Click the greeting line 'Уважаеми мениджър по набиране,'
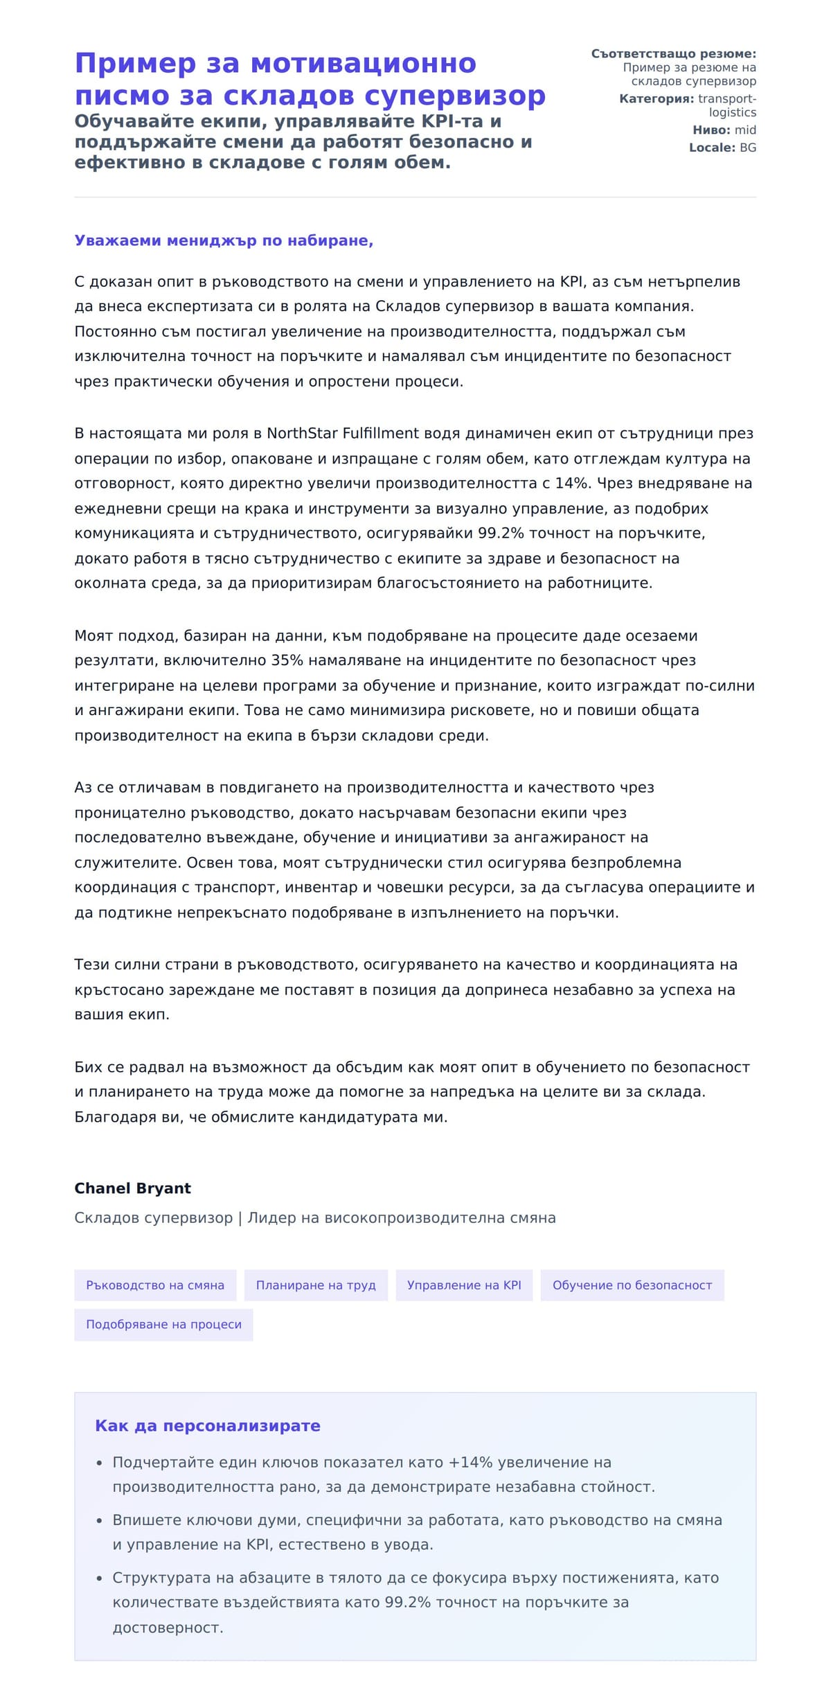pos(224,240)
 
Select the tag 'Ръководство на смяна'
pos(155,1285)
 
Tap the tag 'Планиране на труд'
pos(316,1285)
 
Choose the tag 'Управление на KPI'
pos(464,1285)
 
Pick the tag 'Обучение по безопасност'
pos(632,1285)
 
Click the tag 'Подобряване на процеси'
pos(163,1324)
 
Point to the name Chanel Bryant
pos(132,1188)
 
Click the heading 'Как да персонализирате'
pos(207,1425)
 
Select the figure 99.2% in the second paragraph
pos(501,533)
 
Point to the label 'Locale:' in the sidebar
pos(712,148)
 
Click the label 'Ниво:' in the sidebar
pos(711,130)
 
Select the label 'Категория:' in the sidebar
pos(656,98)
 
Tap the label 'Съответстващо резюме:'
pos(673,54)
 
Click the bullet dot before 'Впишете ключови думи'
pos(99,1520)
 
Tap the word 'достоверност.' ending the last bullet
pos(168,1627)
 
